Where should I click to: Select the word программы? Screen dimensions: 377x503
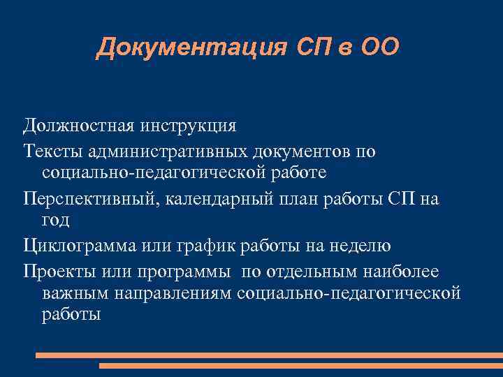click(x=181, y=270)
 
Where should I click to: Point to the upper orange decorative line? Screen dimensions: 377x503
click(x=269, y=355)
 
